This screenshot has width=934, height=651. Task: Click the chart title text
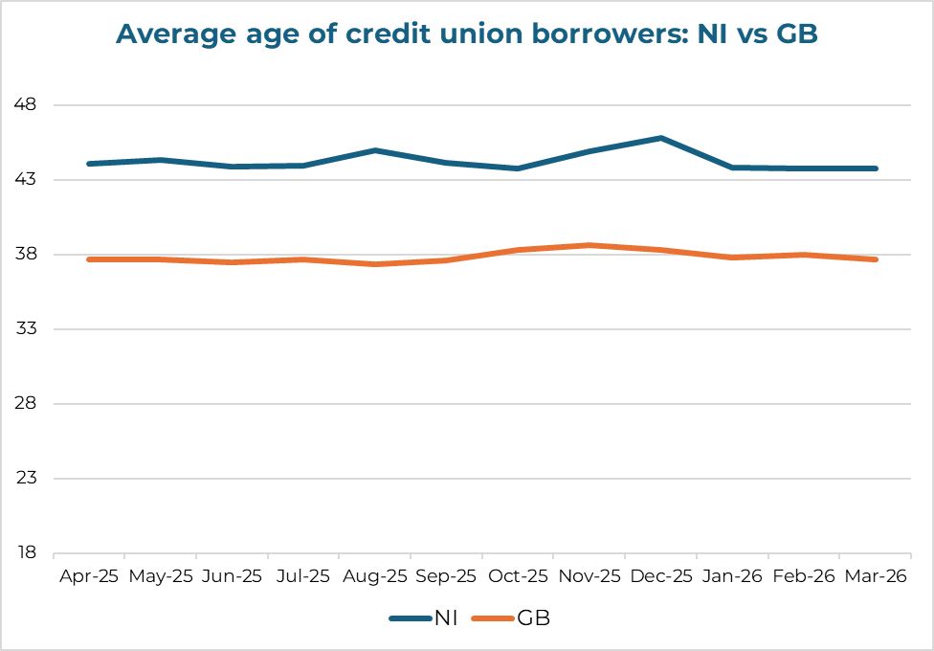point(466,34)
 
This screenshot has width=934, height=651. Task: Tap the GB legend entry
point(511,618)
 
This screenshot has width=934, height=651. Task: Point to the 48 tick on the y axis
point(25,104)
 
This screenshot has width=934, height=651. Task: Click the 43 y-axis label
point(25,179)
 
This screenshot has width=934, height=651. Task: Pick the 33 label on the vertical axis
point(25,328)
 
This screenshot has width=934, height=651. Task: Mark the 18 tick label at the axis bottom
point(25,552)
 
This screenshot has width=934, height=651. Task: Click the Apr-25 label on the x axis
point(89,576)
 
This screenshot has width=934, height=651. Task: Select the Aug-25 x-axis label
point(375,576)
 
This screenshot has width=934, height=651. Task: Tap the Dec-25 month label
point(661,576)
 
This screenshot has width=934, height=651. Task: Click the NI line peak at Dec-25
point(661,138)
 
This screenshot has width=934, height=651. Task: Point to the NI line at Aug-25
point(375,150)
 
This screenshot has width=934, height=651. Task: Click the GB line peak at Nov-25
point(589,245)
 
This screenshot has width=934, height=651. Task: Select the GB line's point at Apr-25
point(89,259)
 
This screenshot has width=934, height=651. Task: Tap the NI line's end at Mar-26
point(877,168)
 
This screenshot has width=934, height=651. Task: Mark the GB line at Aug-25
point(375,264)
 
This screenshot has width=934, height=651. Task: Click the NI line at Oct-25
point(518,168)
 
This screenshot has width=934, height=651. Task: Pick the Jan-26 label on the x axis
point(733,576)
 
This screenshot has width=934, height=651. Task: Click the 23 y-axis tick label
point(25,478)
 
